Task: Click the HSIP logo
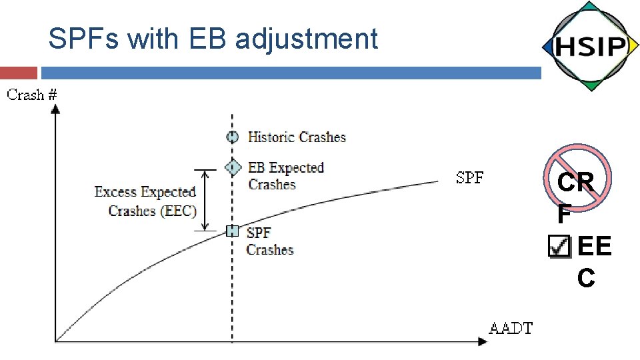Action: tap(588, 47)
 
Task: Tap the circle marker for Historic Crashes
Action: tap(232, 137)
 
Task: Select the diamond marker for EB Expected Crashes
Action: tap(232, 167)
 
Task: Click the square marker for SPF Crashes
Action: tap(232, 231)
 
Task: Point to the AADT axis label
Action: tap(511, 328)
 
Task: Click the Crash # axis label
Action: tap(32, 95)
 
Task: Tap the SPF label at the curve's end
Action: tap(470, 177)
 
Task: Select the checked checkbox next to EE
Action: tap(559, 246)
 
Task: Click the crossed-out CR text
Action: tap(577, 183)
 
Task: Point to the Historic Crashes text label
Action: tap(297, 137)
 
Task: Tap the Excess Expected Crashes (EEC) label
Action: tap(146, 201)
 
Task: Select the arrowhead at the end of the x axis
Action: tap(483, 342)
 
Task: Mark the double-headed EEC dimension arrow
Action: tap(206, 199)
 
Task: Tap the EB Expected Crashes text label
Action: tap(285, 175)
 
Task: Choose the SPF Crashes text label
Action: tap(269, 241)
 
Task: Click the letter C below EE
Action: tap(586, 278)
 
